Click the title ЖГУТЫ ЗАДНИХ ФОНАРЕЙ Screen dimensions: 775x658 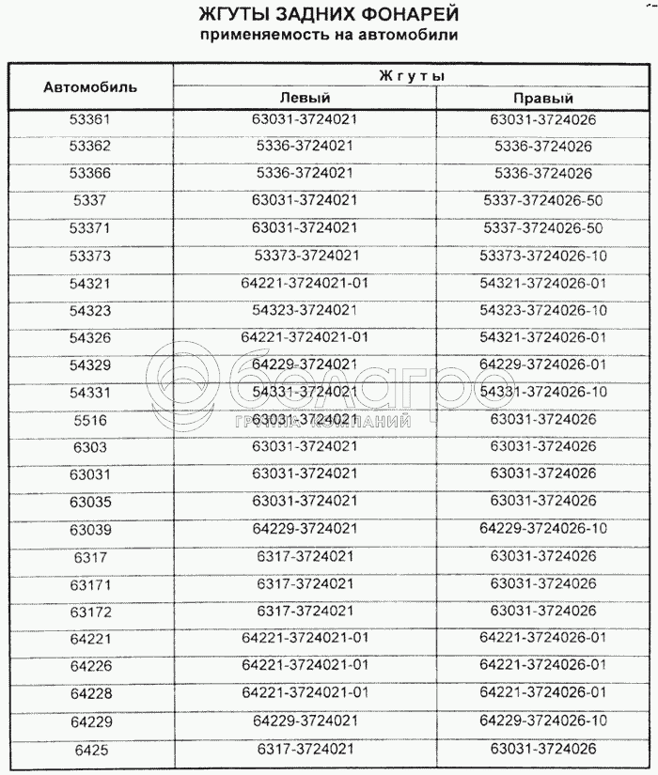pyautogui.click(x=329, y=15)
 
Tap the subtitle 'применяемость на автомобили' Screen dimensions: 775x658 pyautogui.click(x=329, y=36)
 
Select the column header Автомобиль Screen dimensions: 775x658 pyautogui.click(x=90, y=86)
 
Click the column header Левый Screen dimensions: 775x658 pyautogui.click(x=305, y=98)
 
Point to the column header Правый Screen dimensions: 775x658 pyautogui.click(x=543, y=98)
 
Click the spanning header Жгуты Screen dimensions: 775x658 pyautogui.click(x=411, y=74)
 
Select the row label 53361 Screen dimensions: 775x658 pyautogui.click(x=90, y=120)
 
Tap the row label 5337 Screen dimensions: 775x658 pyautogui.click(x=90, y=201)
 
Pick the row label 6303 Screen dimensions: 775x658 pyautogui.click(x=90, y=447)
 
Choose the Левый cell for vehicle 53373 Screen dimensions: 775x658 pyautogui.click(x=305, y=255)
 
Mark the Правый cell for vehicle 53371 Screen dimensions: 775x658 pyautogui.click(x=543, y=227)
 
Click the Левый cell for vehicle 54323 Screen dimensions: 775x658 pyautogui.click(x=305, y=310)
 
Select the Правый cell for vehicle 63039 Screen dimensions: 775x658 pyautogui.click(x=543, y=529)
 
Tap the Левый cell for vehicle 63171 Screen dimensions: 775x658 pyautogui.click(x=305, y=583)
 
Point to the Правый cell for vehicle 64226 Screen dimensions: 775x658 pyautogui.click(x=543, y=665)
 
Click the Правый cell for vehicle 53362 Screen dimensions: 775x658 pyautogui.click(x=543, y=147)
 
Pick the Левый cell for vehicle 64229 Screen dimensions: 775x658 pyautogui.click(x=305, y=721)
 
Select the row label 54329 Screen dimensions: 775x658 pyautogui.click(x=90, y=365)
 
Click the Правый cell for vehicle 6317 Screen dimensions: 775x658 pyautogui.click(x=543, y=556)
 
